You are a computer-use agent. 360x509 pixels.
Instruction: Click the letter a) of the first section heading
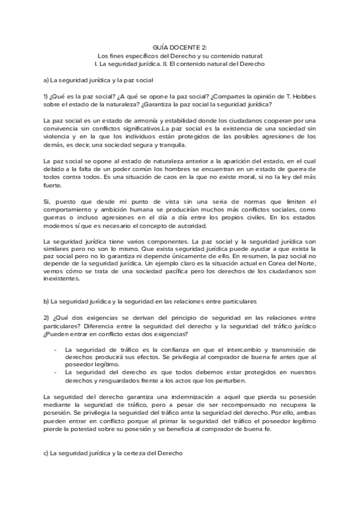(47, 80)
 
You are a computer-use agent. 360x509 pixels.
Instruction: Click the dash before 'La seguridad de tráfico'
(56, 349)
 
